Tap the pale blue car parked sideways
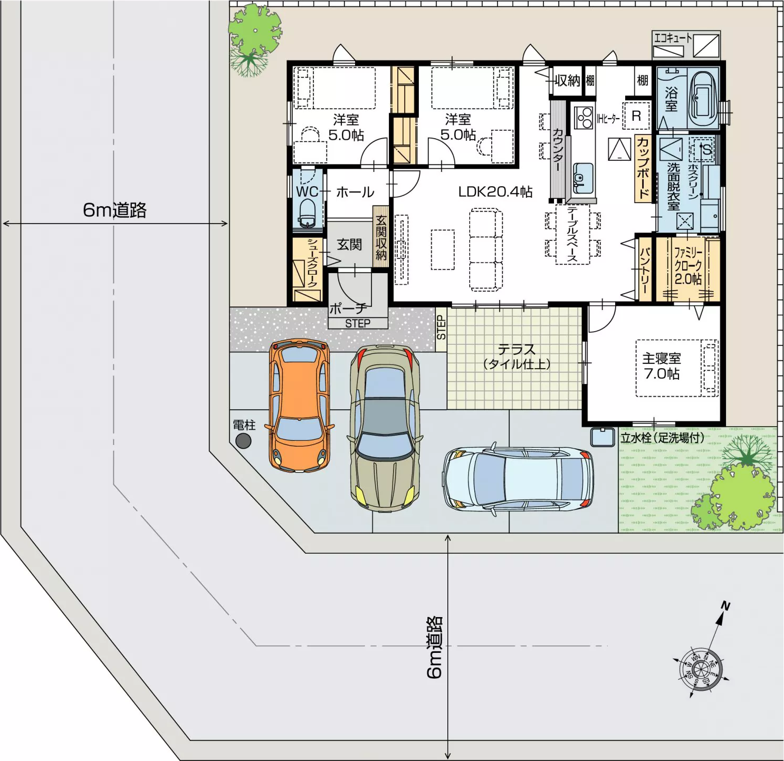click(x=518, y=479)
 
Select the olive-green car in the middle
click(x=385, y=428)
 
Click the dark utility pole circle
click(x=243, y=441)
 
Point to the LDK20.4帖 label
click(x=495, y=191)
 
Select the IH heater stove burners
click(x=584, y=117)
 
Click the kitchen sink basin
click(x=582, y=178)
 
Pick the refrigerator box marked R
click(x=636, y=116)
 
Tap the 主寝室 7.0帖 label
click(x=662, y=366)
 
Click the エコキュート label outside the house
click(x=672, y=38)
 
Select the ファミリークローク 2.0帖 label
click(x=688, y=266)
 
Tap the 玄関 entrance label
click(x=349, y=244)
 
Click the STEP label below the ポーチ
click(x=358, y=323)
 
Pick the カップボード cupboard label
click(x=643, y=168)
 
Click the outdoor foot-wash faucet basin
click(x=603, y=437)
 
